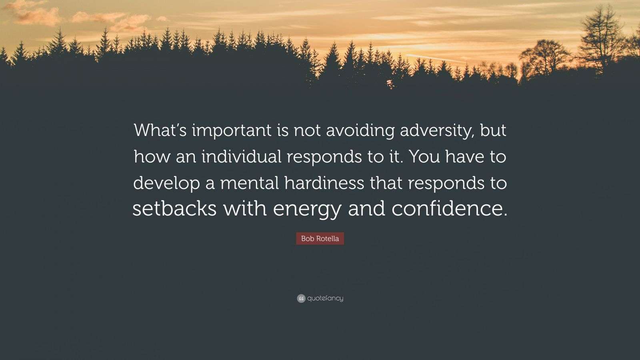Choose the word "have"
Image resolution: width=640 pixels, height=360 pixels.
pyautogui.click(x=465, y=157)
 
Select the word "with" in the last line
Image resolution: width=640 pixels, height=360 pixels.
pyautogui.click(x=244, y=209)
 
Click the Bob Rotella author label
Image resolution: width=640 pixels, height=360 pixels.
pyautogui.click(x=320, y=239)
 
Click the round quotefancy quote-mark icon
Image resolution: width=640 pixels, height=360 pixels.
pyautogui.click(x=301, y=298)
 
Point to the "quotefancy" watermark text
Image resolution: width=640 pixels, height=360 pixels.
pyautogui.click(x=325, y=298)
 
